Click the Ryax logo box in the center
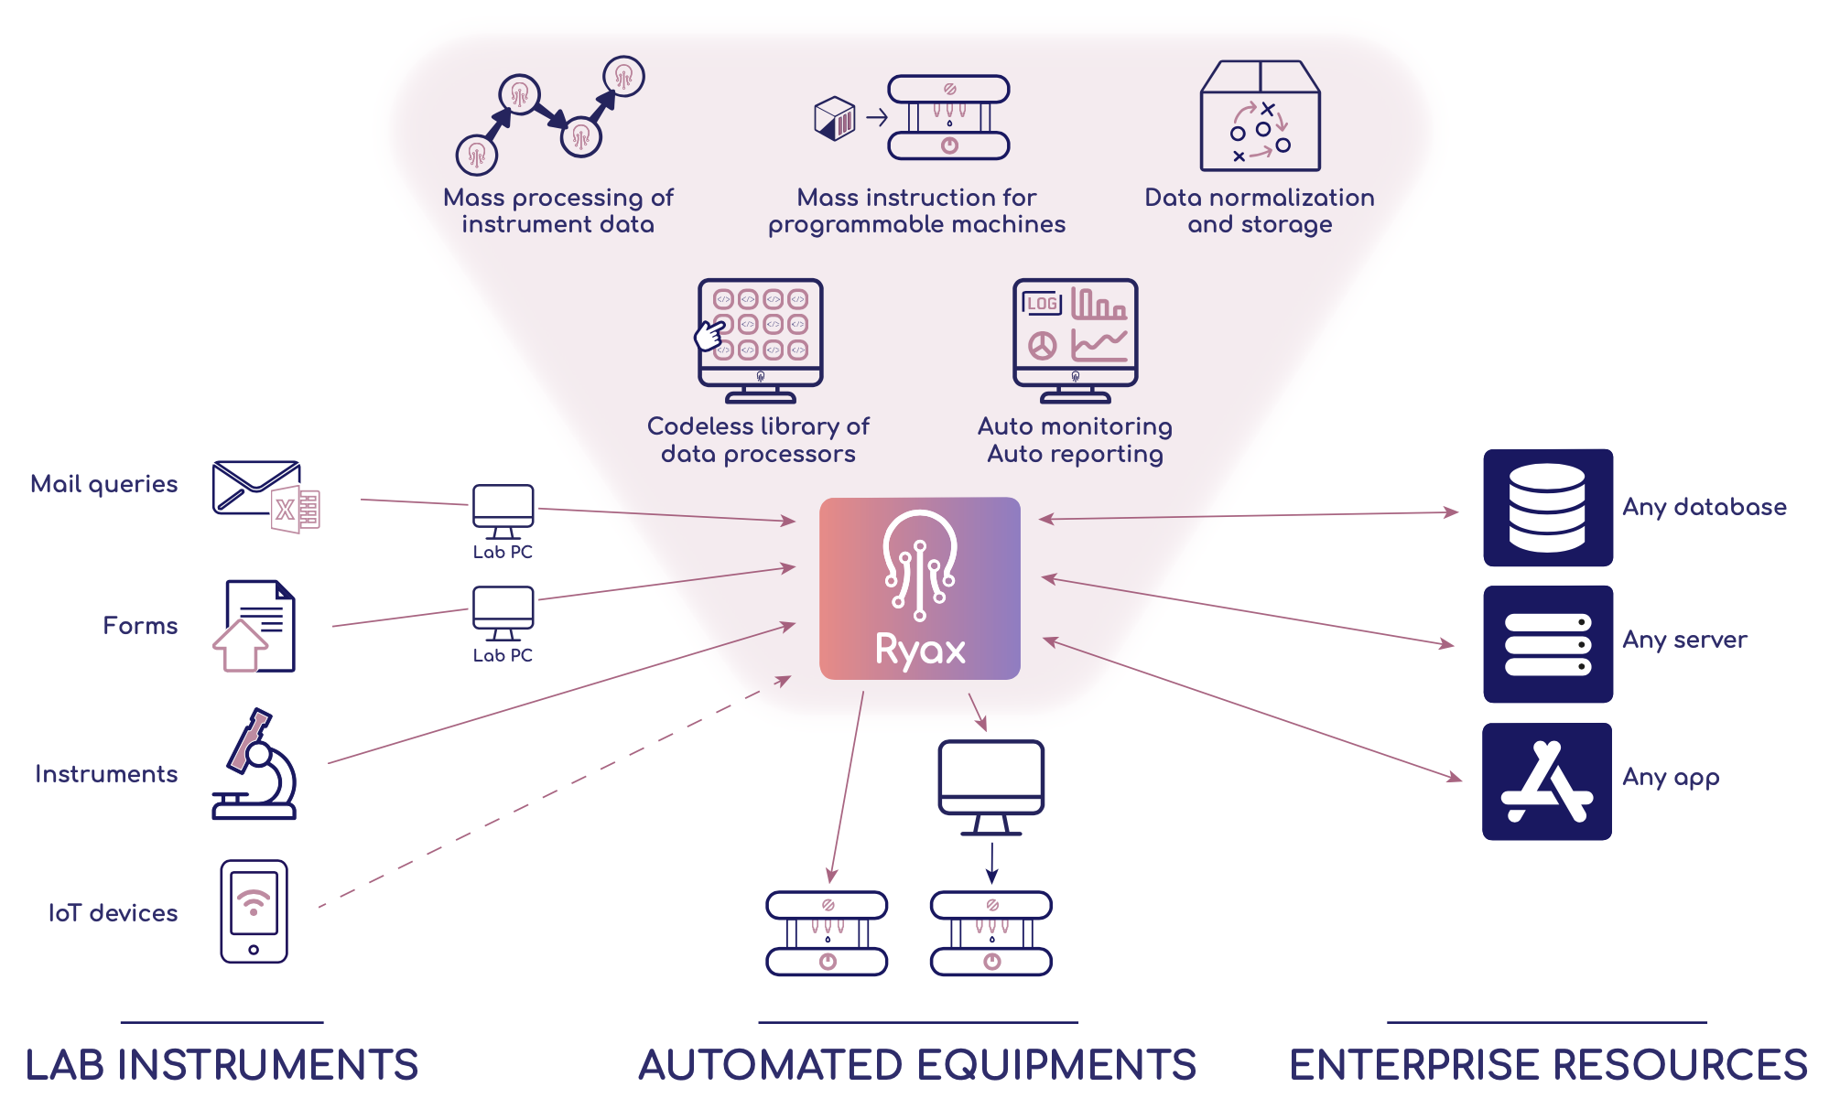pyautogui.click(x=919, y=587)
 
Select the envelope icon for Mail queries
pyautogui.click(x=256, y=489)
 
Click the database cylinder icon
pyautogui.click(x=1547, y=507)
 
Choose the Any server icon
pyautogui.click(x=1547, y=644)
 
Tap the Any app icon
pyautogui.click(x=1547, y=781)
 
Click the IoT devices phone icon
pyautogui.click(x=254, y=910)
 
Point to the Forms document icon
pyautogui.click(x=256, y=626)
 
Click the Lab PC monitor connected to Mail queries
pyautogui.click(x=503, y=510)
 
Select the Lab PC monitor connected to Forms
pyautogui.click(x=503, y=612)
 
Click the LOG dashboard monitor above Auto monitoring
pyautogui.click(x=1075, y=339)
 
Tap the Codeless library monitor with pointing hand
pyautogui.click(x=760, y=339)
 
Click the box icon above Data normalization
pyautogui.click(x=1260, y=116)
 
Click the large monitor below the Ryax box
pyautogui.click(x=991, y=784)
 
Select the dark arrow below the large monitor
pyautogui.click(x=991, y=863)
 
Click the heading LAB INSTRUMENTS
pyautogui.click(x=222, y=1065)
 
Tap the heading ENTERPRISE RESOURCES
pyautogui.click(x=1548, y=1065)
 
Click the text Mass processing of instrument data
pyautogui.click(x=557, y=210)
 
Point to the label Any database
pyautogui.click(x=1704, y=507)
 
